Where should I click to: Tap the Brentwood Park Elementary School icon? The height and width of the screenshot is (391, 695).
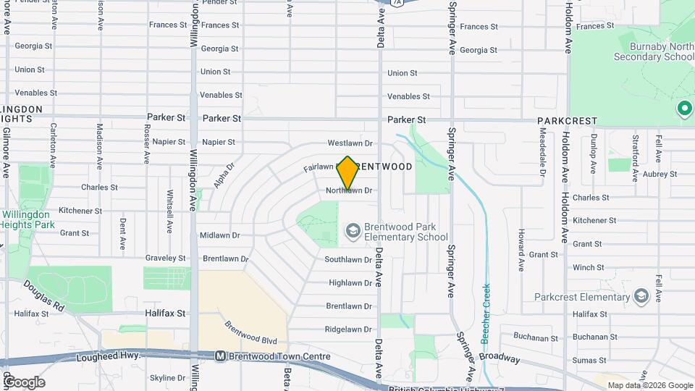(x=353, y=231)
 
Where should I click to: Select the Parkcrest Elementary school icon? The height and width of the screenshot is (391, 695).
(x=640, y=296)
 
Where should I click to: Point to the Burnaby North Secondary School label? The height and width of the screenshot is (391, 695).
(x=653, y=50)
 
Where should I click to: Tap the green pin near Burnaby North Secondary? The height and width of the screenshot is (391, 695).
(x=684, y=109)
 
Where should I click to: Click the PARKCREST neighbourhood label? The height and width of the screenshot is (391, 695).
(x=567, y=121)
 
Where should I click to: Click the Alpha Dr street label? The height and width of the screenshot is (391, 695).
(x=225, y=175)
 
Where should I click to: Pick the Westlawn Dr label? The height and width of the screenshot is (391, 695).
(x=350, y=143)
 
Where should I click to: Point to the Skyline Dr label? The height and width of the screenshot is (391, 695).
(x=167, y=378)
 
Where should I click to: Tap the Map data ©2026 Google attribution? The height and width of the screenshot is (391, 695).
(x=650, y=385)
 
